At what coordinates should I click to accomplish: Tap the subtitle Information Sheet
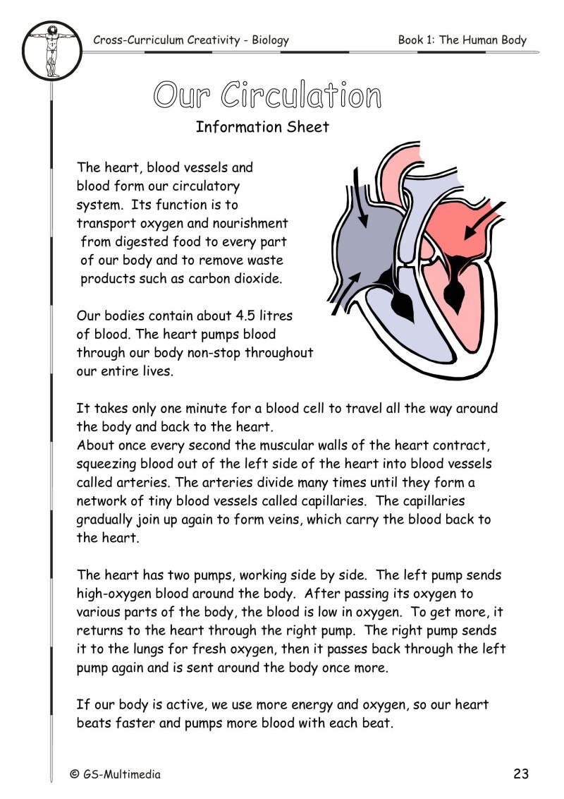(x=262, y=127)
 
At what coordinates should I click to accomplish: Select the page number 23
(x=520, y=774)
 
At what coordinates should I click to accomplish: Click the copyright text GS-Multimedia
(x=122, y=774)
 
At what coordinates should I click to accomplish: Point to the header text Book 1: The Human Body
(x=462, y=40)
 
